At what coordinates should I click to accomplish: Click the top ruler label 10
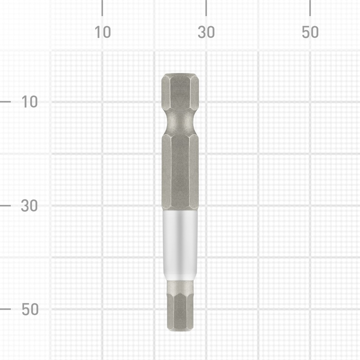[x=103, y=32]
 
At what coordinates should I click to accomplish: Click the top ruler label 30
[x=206, y=32]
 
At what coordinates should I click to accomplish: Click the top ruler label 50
[x=310, y=32]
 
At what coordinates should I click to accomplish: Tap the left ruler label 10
[x=30, y=102]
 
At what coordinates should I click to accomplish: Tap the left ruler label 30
[x=29, y=206]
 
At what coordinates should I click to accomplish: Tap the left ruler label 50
[x=30, y=309]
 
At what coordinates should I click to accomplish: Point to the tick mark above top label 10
[x=102, y=8]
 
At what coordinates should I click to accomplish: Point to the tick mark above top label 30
[x=206, y=8]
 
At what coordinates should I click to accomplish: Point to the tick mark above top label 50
[x=310, y=8]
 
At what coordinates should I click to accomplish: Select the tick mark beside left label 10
[x=5, y=102]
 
